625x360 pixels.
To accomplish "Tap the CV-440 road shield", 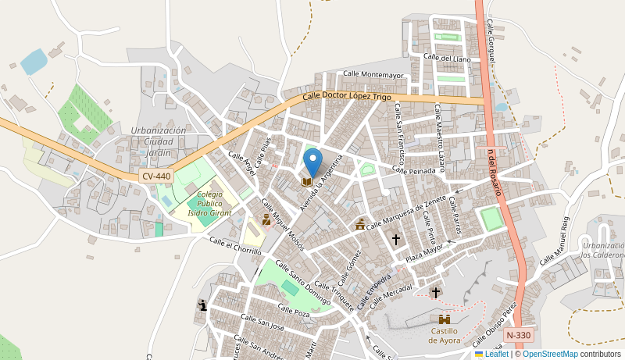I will click(x=156, y=176).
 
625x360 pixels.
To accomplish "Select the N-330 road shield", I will click(x=518, y=335).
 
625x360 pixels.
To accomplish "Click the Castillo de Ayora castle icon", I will click(x=445, y=319).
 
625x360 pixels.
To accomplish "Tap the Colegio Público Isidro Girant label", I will click(x=209, y=203).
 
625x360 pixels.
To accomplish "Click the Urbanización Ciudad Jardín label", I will click(x=159, y=141).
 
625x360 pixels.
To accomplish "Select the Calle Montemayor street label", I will click(x=373, y=75).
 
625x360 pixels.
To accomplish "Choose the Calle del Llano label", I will click(x=447, y=58).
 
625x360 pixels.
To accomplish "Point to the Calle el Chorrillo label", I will click(x=235, y=245).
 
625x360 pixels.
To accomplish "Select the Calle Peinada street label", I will click(x=413, y=169).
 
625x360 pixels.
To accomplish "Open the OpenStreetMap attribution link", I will click(x=550, y=354).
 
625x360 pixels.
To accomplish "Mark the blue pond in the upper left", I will click(x=34, y=61).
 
